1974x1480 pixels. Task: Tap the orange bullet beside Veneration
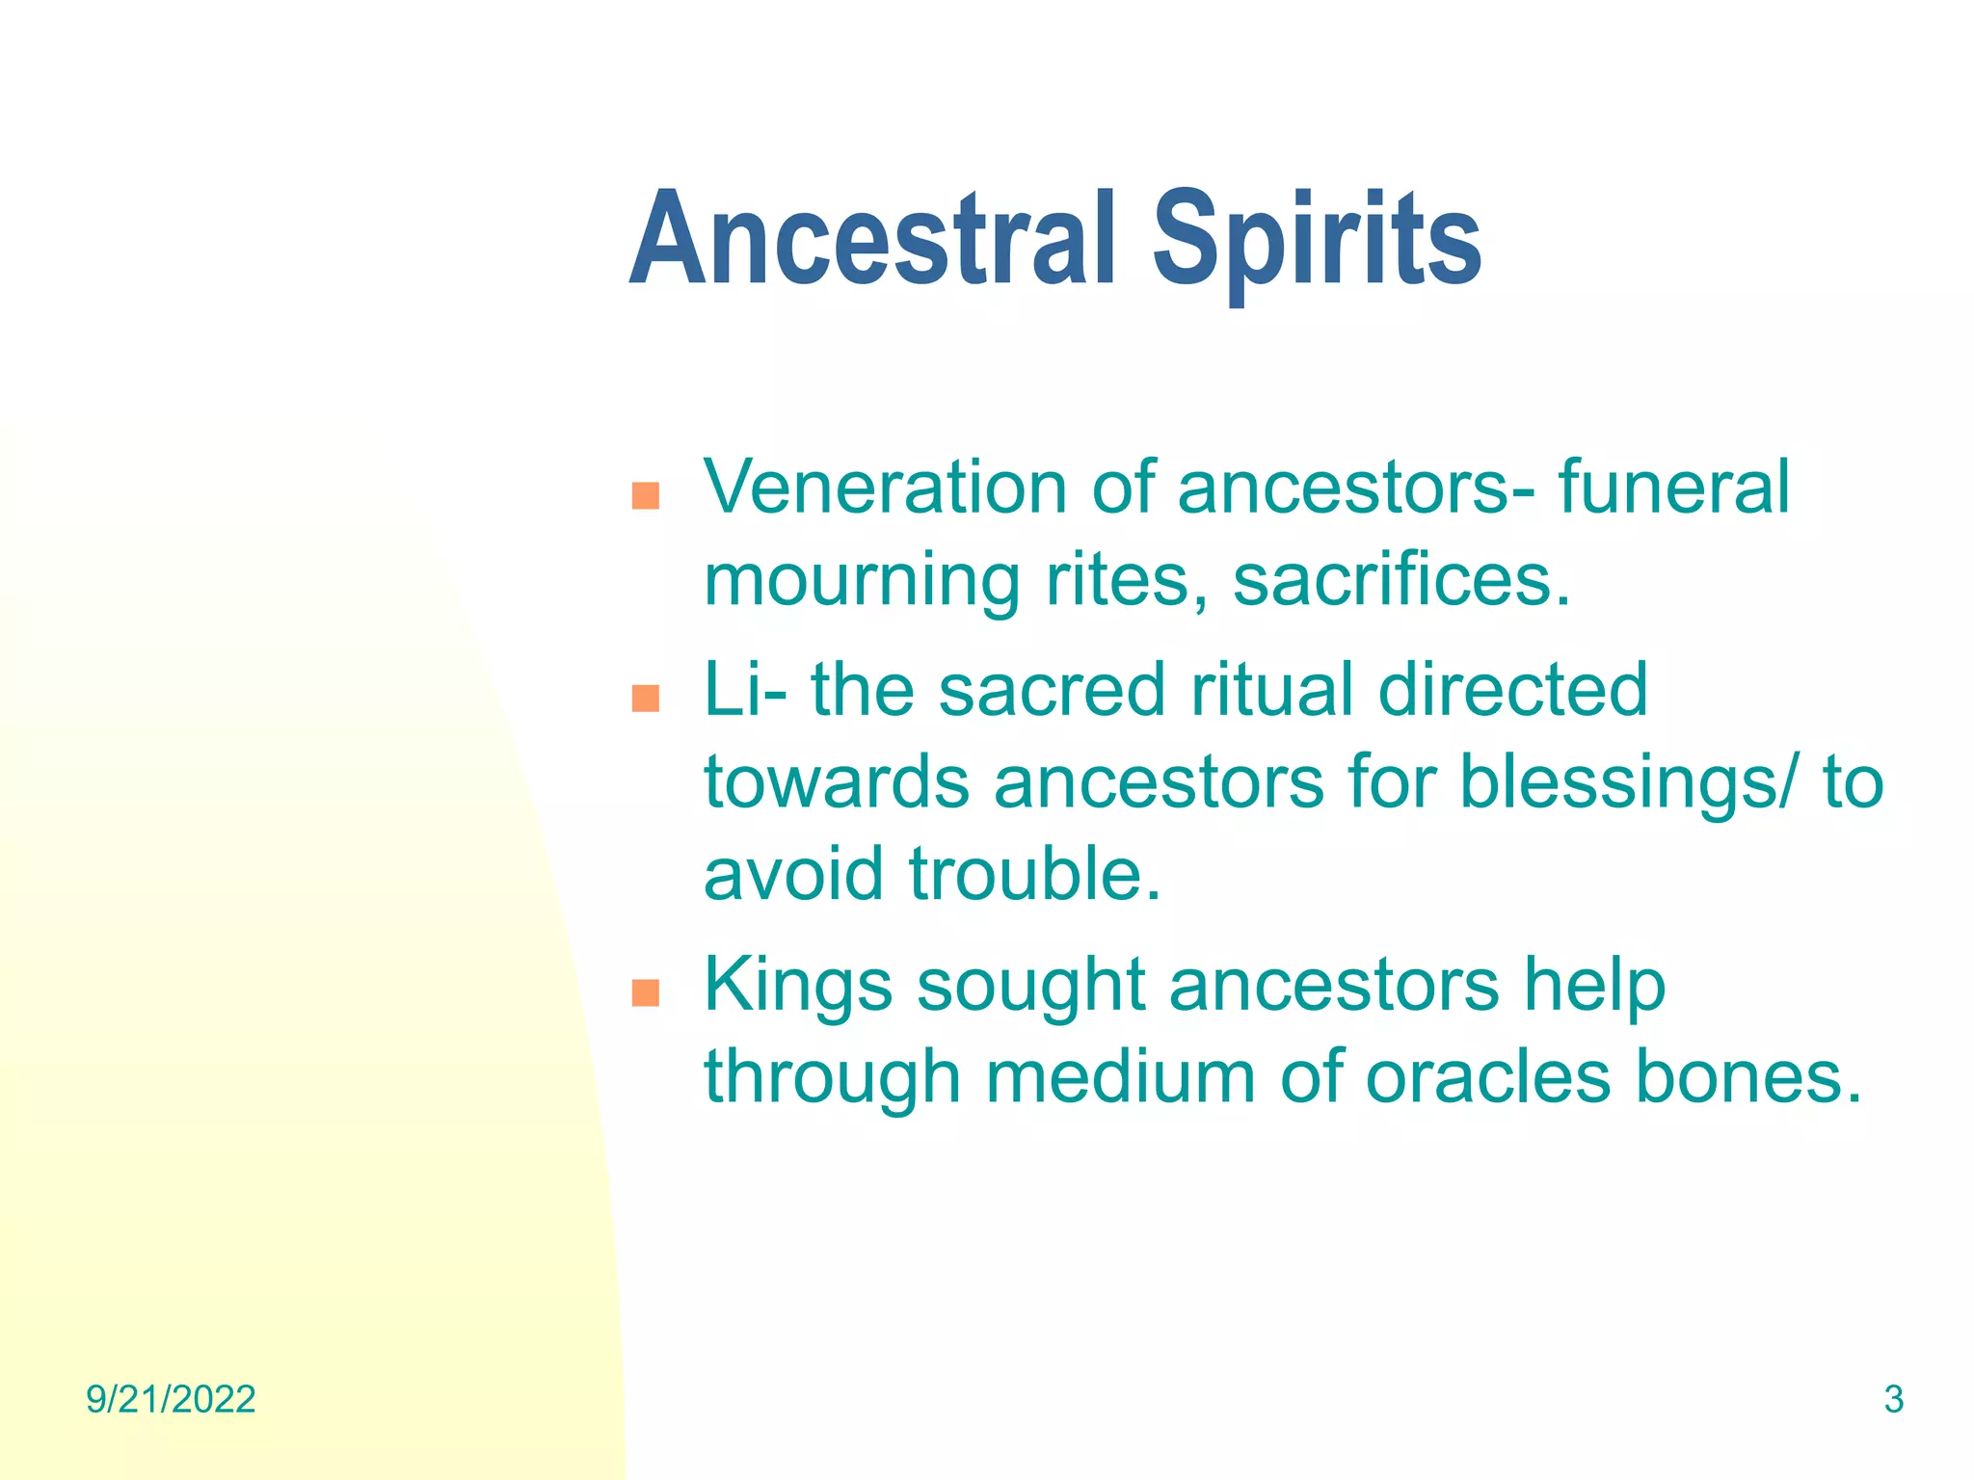[645, 495]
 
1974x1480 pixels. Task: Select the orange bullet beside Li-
[645, 698]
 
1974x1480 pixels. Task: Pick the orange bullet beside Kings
[645, 992]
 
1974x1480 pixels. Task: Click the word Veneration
[885, 488]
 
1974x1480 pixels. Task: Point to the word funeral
[1673, 488]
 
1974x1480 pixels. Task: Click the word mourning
[862, 582]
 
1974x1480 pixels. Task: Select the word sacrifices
[1401, 580]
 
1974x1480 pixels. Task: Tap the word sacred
[1052, 690]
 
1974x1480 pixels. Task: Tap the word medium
[1120, 1077]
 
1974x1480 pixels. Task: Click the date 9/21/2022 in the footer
[171, 1400]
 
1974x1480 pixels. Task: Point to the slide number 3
[1893, 1400]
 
